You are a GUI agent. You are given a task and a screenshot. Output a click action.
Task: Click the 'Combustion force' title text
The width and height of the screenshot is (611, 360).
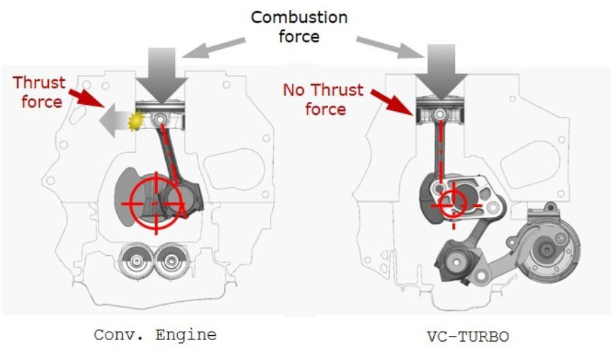coord(298,26)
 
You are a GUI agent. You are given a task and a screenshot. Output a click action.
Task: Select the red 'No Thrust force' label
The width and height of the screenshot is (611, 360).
coord(323,99)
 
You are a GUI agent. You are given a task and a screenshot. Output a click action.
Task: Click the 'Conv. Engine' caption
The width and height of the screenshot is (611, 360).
coord(155,335)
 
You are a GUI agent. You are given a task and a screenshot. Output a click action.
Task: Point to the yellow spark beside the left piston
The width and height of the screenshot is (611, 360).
coord(133,121)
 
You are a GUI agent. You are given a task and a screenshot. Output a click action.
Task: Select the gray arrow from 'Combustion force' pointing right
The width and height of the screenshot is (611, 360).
coord(386,47)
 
